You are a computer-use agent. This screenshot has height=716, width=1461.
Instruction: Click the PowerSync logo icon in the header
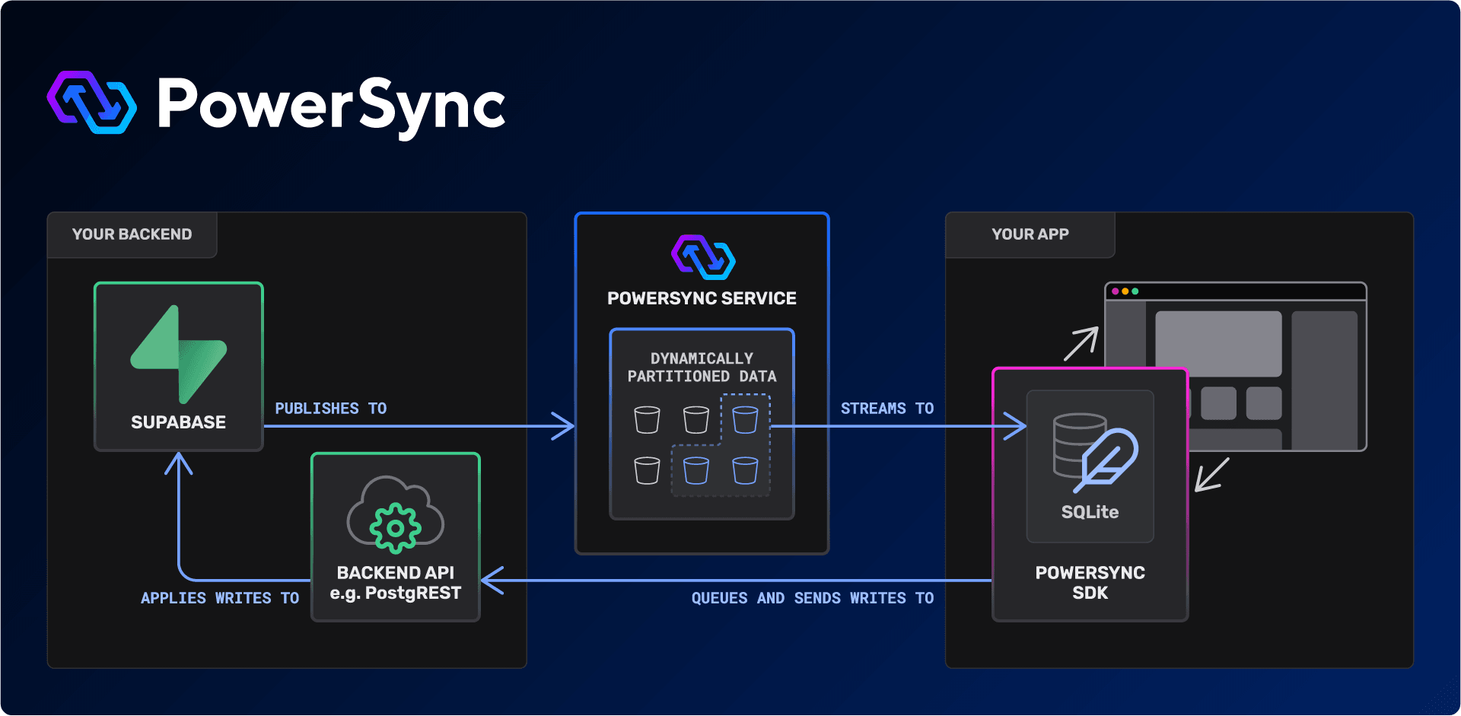point(91,103)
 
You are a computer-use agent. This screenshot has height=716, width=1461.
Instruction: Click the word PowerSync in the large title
point(331,105)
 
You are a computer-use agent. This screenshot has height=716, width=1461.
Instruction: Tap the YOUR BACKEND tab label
point(132,234)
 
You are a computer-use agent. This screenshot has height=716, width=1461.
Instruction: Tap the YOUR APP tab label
point(1030,234)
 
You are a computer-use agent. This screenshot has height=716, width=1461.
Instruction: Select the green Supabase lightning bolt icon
point(179,354)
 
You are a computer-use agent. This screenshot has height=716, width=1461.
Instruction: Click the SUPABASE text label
point(178,422)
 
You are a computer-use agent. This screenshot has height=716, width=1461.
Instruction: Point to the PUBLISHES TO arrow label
point(330,409)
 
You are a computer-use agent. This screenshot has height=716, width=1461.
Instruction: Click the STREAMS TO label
point(886,409)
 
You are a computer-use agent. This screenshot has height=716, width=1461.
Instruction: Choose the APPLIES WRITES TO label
point(219,598)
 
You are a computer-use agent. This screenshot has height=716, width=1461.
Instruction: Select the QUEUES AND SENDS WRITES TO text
point(812,598)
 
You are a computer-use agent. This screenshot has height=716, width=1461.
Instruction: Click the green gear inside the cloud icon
point(395,527)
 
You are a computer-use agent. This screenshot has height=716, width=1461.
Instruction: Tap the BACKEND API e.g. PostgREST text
point(395,583)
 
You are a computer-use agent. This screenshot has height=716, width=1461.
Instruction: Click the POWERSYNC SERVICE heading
point(702,298)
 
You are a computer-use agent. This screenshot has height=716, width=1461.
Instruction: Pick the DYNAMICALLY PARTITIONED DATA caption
point(702,368)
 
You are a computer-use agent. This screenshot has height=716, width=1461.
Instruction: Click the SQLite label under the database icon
point(1090,512)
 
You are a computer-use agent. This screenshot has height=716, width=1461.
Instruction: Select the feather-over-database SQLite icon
point(1094,452)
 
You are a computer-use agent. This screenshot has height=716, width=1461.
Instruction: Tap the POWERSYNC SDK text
point(1090,583)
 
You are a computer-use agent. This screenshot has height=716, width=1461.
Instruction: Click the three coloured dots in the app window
point(1125,291)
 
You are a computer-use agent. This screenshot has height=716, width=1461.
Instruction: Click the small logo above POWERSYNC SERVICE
point(703,257)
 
